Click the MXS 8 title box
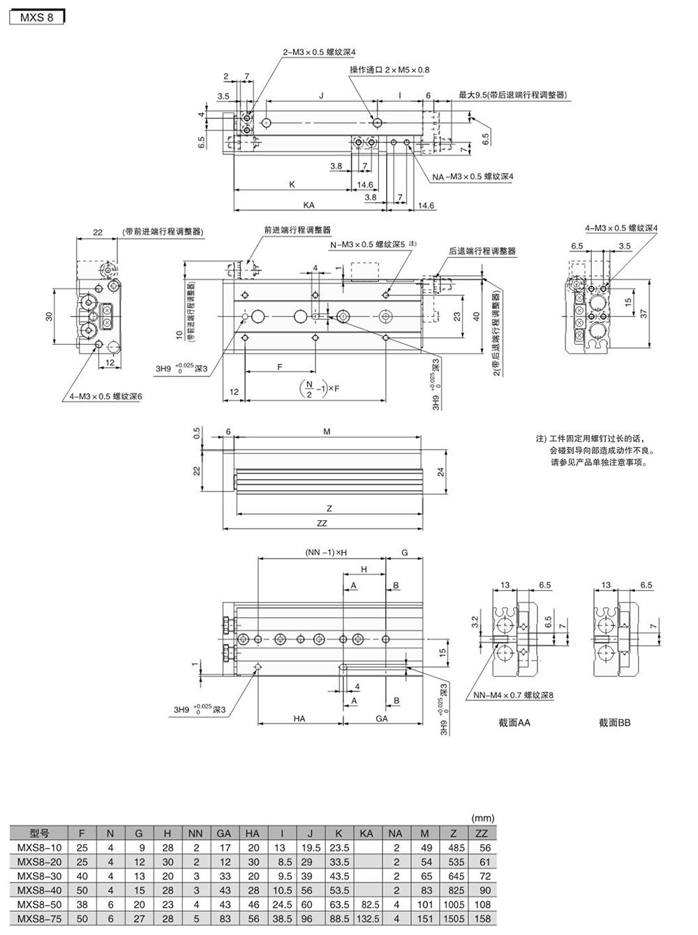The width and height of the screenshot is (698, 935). tap(36, 16)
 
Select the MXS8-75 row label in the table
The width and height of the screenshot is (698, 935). tap(38, 918)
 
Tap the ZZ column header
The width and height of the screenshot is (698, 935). tap(481, 833)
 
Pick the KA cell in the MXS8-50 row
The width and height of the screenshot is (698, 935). tap(366, 904)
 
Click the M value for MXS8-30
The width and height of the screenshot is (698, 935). tap(426, 876)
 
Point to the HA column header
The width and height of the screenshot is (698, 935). tap(253, 833)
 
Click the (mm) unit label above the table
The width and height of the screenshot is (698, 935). tap(482, 818)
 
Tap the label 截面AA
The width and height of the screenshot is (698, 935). tap(514, 722)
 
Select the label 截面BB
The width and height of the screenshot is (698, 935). tap(614, 722)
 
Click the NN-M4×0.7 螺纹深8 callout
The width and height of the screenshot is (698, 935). tap(513, 695)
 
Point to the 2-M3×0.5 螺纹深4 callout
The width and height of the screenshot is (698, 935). tap(319, 52)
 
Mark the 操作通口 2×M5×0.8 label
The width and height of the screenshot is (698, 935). tap(389, 70)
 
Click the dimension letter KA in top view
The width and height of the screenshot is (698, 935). tap(309, 205)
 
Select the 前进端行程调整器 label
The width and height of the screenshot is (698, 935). tap(297, 230)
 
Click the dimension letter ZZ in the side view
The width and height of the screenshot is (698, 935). tap(321, 523)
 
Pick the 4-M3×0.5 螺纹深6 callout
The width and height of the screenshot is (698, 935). tap(105, 397)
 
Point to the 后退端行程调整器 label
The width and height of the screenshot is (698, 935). tap(482, 251)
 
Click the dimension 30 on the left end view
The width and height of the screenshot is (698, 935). tap(49, 316)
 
